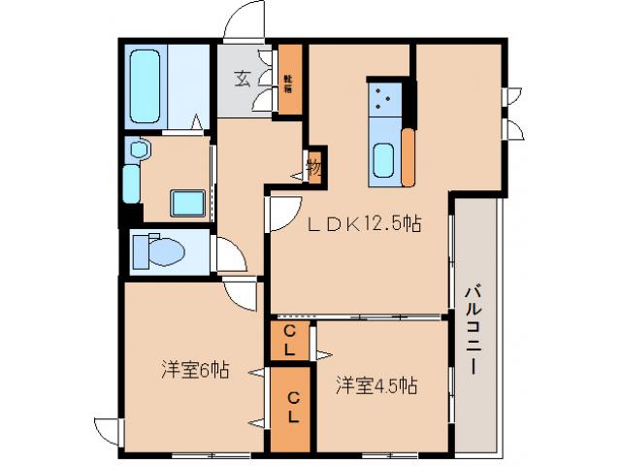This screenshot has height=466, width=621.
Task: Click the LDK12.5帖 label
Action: point(364,222)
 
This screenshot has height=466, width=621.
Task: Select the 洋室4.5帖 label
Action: point(377,385)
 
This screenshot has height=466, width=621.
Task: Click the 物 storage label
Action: point(314,166)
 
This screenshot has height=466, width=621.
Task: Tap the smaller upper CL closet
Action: point(289,338)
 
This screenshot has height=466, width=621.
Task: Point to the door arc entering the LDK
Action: point(284,214)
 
